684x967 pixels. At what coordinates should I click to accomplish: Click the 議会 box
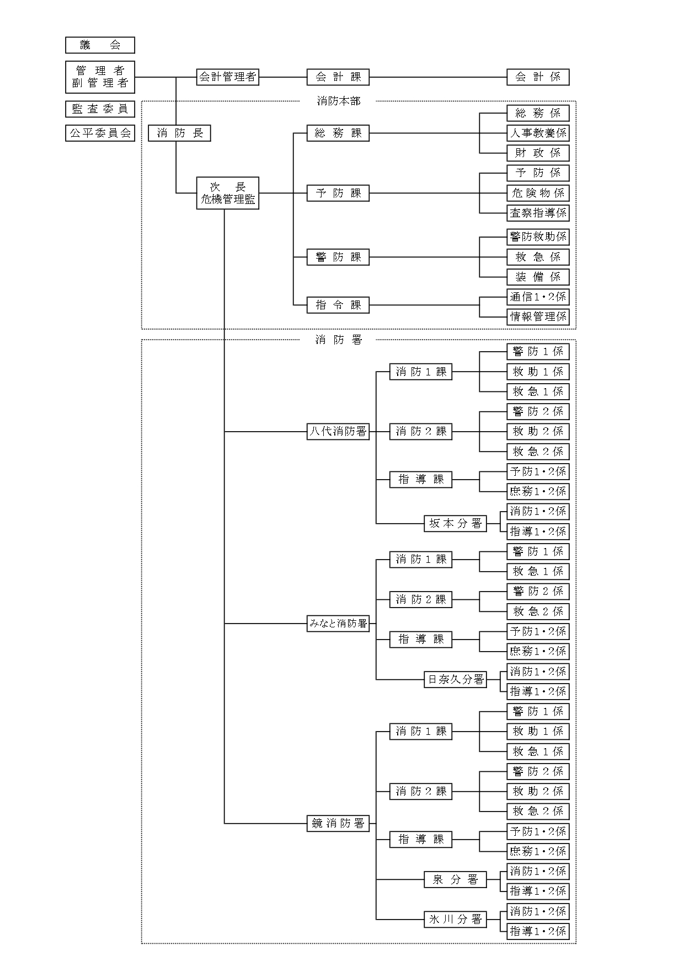(x=100, y=45)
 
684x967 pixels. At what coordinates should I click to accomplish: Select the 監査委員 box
(x=100, y=109)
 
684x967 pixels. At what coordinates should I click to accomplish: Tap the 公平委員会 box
(x=100, y=133)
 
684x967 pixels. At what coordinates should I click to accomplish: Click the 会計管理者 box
(x=228, y=77)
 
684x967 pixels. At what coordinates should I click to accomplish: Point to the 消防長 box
(x=179, y=133)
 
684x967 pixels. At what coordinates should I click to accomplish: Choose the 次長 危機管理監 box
(x=228, y=193)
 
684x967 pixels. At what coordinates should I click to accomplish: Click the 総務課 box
(x=338, y=133)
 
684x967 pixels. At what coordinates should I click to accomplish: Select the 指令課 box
(x=338, y=305)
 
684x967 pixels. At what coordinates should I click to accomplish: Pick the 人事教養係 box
(x=538, y=133)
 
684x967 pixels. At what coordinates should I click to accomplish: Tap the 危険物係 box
(x=538, y=193)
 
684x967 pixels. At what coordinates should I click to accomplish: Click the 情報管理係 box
(x=538, y=317)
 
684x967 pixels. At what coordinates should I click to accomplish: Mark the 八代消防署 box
(x=338, y=432)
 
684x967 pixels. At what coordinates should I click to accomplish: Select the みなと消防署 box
(x=338, y=624)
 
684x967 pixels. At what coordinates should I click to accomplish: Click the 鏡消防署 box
(x=338, y=824)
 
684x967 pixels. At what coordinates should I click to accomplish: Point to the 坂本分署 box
(x=456, y=523)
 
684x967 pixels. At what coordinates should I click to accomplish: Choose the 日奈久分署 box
(x=456, y=679)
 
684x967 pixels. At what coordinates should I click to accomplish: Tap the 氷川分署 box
(x=456, y=919)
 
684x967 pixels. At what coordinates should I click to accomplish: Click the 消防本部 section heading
(x=338, y=101)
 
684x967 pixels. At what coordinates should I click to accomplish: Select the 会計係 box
(x=538, y=77)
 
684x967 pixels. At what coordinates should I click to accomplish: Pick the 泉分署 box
(x=456, y=879)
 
